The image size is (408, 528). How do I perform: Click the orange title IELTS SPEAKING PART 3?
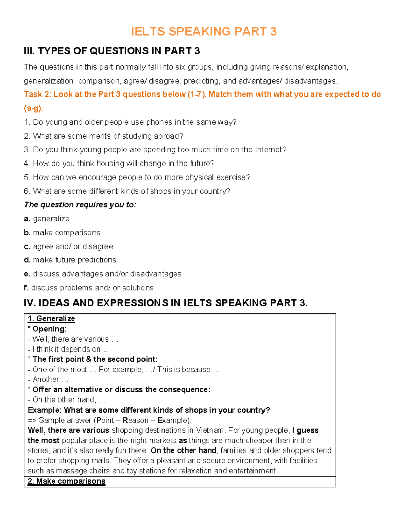tap(204, 31)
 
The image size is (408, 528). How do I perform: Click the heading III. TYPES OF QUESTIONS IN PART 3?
tap(112, 51)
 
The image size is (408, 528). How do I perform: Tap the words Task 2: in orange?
tap(37, 95)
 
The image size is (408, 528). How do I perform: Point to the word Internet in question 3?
tap(270, 150)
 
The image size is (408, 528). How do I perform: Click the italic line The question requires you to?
tap(80, 205)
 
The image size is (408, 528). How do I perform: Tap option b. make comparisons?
tap(62, 233)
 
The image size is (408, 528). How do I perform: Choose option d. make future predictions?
tap(70, 260)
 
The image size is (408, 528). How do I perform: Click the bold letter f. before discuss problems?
tap(26, 288)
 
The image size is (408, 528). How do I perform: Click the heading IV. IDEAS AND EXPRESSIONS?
tap(166, 303)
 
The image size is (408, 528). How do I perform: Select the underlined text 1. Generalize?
tap(51, 319)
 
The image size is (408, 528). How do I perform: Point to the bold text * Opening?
tap(47, 329)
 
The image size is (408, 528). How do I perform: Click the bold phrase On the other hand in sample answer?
tap(184, 450)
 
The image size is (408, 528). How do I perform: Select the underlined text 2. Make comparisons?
tap(67, 481)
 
